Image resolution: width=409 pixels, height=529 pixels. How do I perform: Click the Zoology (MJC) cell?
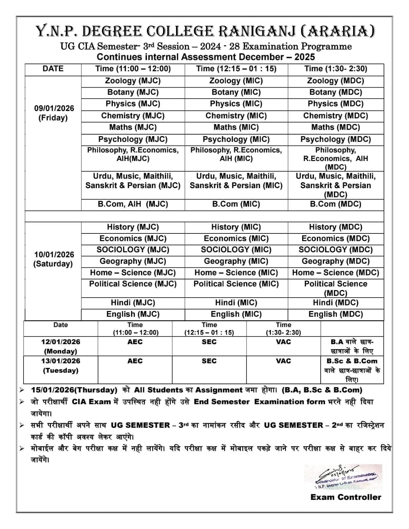133,81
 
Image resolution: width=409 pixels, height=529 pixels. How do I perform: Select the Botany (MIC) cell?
236,93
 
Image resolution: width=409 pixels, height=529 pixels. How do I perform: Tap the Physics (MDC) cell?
336,104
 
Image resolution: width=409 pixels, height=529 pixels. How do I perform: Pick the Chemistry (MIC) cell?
236,116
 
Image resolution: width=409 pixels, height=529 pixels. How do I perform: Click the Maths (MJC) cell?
133,128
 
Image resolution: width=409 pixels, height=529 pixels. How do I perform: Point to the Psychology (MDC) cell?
336,140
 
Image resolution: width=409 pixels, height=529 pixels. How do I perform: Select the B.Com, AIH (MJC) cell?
133,204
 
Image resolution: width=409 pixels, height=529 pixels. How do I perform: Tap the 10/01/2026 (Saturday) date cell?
53,259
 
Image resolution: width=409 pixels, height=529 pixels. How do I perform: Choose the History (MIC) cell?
236,227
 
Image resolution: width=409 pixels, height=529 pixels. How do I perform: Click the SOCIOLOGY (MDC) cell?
336,250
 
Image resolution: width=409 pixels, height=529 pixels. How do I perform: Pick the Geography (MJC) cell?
133,262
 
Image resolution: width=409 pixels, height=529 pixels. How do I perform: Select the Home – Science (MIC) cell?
236,273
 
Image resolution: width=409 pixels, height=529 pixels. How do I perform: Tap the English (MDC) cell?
336,314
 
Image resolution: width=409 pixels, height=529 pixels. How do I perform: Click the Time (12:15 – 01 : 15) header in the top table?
236,69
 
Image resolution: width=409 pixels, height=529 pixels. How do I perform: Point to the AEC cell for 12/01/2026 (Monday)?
135,342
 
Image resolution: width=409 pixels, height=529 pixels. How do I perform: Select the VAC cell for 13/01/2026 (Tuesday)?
284,361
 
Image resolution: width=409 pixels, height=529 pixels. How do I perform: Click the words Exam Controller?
345,497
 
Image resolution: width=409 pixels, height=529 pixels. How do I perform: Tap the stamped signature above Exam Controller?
343,477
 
